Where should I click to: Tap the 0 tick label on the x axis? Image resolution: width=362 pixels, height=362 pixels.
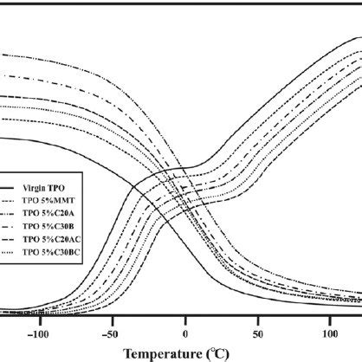(x=185, y=333)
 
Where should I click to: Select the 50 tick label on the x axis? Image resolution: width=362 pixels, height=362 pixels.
(x=257, y=333)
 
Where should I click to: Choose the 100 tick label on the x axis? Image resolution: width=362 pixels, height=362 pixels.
(x=330, y=333)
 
